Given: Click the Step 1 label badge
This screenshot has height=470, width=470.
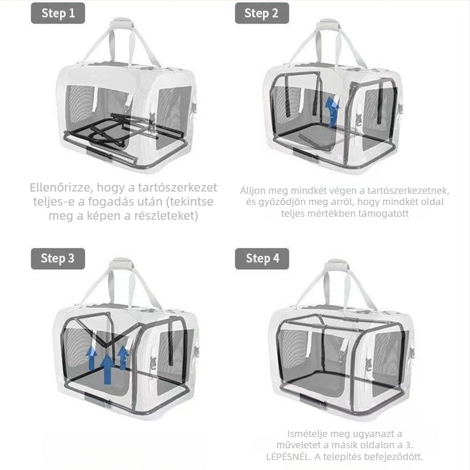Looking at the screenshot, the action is pos(58,13).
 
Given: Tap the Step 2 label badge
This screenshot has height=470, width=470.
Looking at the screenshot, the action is pos(261,13).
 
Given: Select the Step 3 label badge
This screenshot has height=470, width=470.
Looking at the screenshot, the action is pos(58,258).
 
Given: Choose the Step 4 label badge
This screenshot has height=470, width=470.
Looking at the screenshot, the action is pos(261,258).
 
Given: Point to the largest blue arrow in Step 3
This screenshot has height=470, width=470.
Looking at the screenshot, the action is pos(107,369).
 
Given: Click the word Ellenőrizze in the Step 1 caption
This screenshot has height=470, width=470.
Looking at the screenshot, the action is pos(60,187).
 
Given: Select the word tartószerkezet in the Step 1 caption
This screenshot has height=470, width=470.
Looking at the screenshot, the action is pos(177,187).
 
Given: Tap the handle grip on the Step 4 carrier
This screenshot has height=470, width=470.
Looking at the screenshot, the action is pos(337,266).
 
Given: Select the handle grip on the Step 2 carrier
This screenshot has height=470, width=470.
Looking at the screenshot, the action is pos(328,25).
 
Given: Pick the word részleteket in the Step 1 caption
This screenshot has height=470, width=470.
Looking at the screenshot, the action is pos(166,216).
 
